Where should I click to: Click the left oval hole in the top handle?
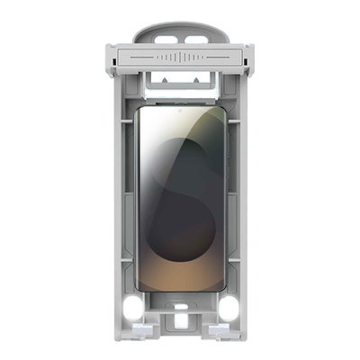164,40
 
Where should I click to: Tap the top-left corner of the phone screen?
139,111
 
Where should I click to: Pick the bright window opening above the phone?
181,88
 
